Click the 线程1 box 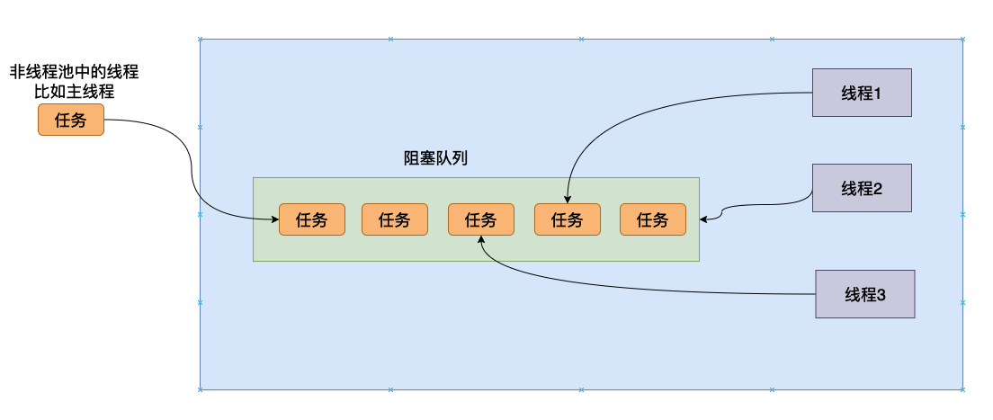click(x=862, y=93)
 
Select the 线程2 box click(x=862, y=188)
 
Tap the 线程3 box click(x=864, y=293)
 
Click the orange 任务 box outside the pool click(x=71, y=120)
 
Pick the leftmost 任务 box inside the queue click(x=311, y=219)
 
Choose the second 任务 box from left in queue click(x=394, y=219)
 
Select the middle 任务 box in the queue click(x=480, y=219)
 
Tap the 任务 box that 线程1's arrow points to click(x=567, y=219)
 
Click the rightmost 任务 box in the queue click(x=652, y=219)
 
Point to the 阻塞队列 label click(x=435, y=158)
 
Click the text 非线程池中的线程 click(x=74, y=71)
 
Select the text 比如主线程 click(x=74, y=91)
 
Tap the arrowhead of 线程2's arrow click(x=704, y=218)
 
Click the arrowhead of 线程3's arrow click(x=482, y=240)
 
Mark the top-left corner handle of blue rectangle click(x=200, y=39)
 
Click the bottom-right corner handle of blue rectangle click(x=964, y=389)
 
